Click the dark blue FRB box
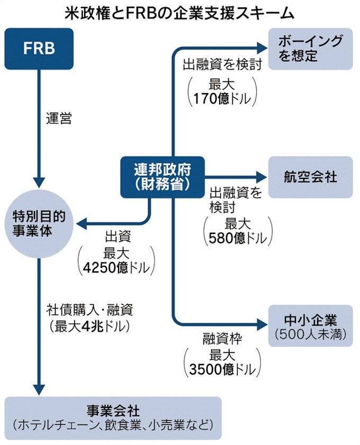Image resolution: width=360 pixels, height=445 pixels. pos(39,48)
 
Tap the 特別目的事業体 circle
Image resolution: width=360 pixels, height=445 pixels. pos(39,223)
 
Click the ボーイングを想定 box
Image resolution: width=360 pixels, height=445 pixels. pos(310,48)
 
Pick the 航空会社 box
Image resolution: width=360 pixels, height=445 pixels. pos(310,177)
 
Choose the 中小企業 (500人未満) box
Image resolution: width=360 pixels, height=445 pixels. pos(310,325)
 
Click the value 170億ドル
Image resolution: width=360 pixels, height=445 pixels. pos(218,97)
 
